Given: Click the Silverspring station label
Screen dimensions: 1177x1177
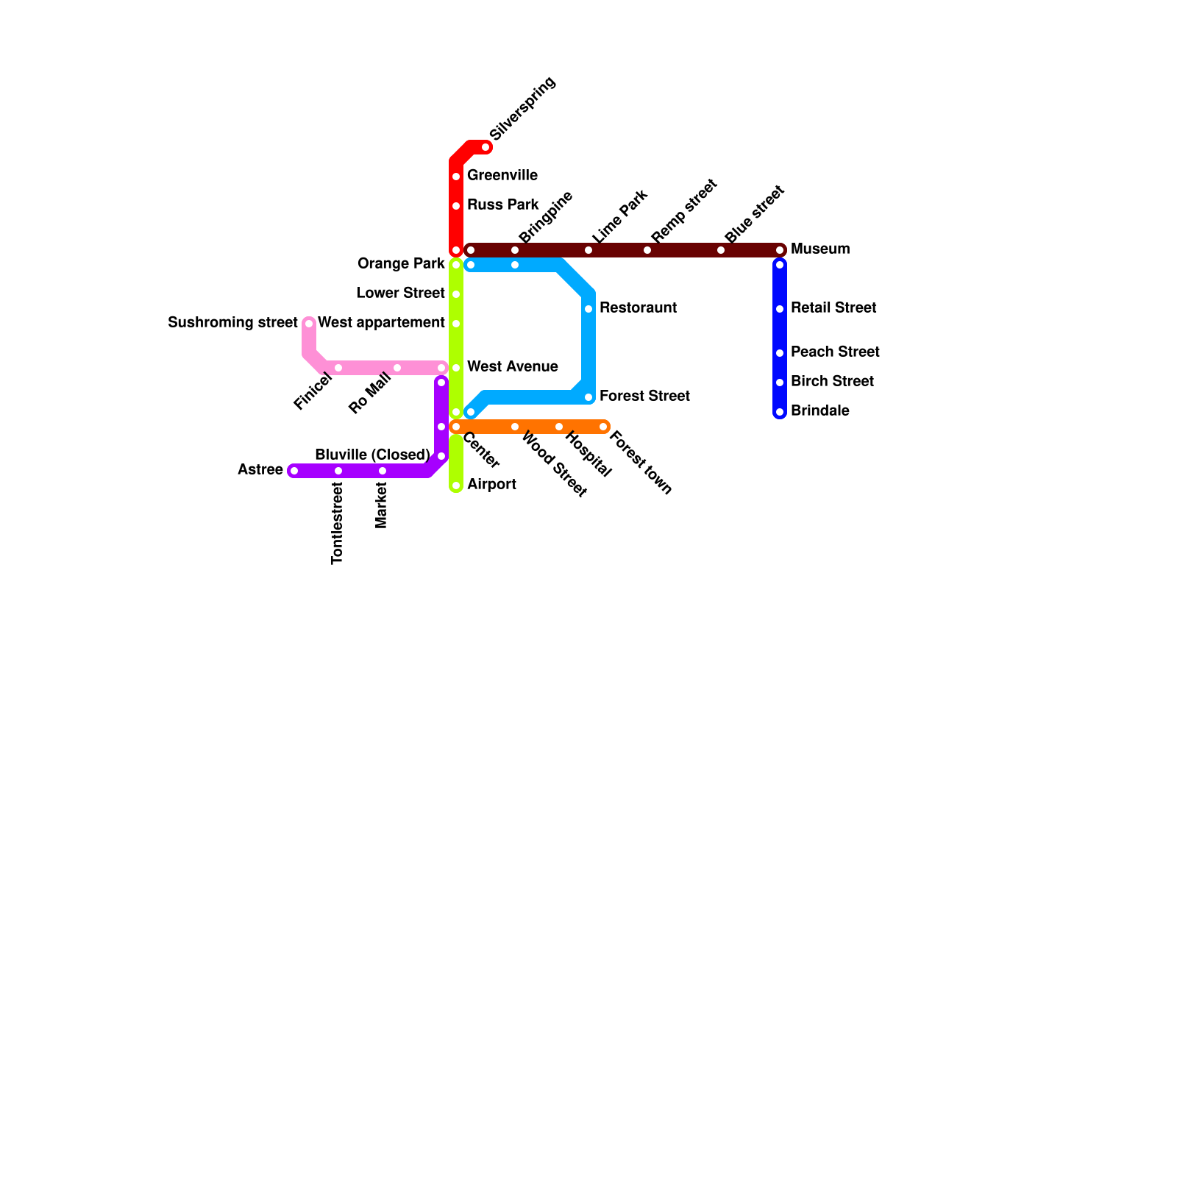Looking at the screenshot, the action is pyautogui.click(x=522, y=108).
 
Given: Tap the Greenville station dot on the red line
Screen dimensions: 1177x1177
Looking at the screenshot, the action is pyautogui.click(x=456, y=177).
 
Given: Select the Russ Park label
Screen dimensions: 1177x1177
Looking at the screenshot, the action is pyautogui.click(x=502, y=205).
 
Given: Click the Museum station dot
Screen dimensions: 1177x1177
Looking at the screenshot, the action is pyautogui.click(x=780, y=250).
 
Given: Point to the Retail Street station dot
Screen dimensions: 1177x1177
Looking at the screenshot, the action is pyautogui.click(x=780, y=309).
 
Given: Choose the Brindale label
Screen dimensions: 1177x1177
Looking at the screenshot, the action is pyautogui.click(x=819, y=410).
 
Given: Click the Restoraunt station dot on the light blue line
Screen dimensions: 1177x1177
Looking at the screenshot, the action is pyautogui.click(x=588, y=309).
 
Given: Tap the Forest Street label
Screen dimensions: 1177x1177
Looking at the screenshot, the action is pyautogui.click(x=644, y=396).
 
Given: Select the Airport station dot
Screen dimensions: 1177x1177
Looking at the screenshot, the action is pyautogui.click(x=456, y=486).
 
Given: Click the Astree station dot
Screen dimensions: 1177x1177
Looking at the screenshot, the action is pyautogui.click(x=294, y=471).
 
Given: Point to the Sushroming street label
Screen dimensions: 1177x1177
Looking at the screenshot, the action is pyautogui.click(x=232, y=322).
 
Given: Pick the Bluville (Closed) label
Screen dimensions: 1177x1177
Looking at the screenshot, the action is pyautogui.click(x=372, y=455).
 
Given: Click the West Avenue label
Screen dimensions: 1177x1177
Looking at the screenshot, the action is pyautogui.click(x=512, y=366).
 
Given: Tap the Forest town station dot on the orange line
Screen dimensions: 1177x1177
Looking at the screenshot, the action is pyautogui.click(x=603, y=427).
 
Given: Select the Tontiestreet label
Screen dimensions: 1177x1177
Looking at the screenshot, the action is pyautogui.click(x=338, y=523).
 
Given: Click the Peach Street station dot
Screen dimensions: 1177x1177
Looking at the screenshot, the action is pyautogui.click(x=780, y=353).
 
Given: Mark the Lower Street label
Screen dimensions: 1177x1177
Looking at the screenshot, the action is pyautogui.click(x=401, y=293).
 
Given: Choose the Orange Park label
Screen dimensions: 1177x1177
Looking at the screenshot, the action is pyautogui.click(x=401, y=263).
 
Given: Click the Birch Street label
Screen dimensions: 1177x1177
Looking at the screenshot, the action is pyautogui.click(x=832, y=381).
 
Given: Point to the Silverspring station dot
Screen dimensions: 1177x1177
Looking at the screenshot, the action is pyautogui.click(x=486, y=148).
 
